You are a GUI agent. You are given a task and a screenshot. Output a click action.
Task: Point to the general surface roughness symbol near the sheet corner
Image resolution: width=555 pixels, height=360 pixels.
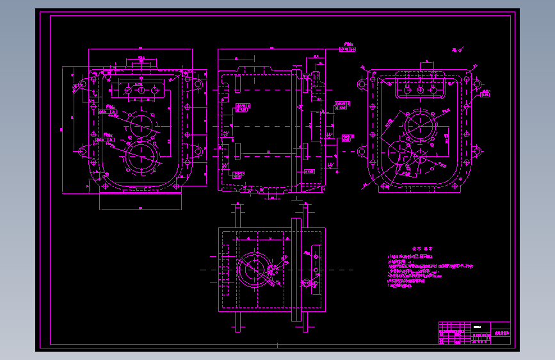[457, 49]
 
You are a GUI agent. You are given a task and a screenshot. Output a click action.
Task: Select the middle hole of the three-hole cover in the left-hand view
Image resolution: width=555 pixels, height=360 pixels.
[140, 90]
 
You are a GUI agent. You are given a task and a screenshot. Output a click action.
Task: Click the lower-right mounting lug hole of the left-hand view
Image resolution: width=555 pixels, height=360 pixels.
[198, 152]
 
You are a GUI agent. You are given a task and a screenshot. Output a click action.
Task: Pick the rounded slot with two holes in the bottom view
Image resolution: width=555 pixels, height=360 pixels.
[314, 269]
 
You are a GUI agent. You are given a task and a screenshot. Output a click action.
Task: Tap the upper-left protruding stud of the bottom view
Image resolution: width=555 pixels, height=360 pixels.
[237, 214]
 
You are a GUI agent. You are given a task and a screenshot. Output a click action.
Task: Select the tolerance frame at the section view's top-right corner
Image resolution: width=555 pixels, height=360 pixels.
[346, 49]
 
